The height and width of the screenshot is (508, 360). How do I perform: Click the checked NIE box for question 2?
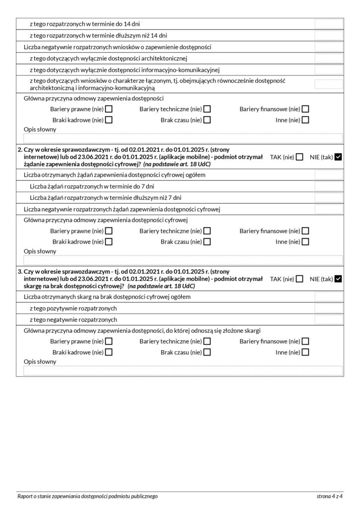point(339,157)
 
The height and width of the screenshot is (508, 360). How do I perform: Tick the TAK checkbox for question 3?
point(299,279)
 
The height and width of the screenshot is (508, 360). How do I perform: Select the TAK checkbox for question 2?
point(299,157)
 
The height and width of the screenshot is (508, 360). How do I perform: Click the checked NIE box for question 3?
point(339,279)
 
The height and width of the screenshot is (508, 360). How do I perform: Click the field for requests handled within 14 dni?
point(328,23)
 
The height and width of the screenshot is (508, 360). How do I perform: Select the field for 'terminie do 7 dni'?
point(328,187)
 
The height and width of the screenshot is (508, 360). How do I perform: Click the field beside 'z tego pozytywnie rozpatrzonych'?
point(328,309)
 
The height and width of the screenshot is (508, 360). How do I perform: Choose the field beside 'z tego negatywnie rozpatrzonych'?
point(328,320)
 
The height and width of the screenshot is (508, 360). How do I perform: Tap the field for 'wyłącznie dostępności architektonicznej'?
point(328,59)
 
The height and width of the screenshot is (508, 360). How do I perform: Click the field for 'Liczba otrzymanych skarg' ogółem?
point(328,297)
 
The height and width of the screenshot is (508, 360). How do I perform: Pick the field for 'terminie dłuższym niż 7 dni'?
point(328,198)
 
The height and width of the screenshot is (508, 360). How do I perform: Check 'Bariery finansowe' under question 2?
point(306,231)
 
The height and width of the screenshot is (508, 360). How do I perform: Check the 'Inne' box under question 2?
point(306,242)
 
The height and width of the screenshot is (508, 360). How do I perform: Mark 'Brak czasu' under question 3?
point(207,352)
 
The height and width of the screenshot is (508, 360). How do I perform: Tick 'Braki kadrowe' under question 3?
point(109,352)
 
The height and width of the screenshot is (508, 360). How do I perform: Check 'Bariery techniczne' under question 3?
point(207,341)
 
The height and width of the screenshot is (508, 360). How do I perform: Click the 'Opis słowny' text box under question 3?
point(183,371)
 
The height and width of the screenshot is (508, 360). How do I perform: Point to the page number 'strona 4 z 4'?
point(330,496)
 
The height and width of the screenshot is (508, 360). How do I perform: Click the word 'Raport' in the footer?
point(25,496)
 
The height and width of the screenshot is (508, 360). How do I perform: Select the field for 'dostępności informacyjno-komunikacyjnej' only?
point(328,70)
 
